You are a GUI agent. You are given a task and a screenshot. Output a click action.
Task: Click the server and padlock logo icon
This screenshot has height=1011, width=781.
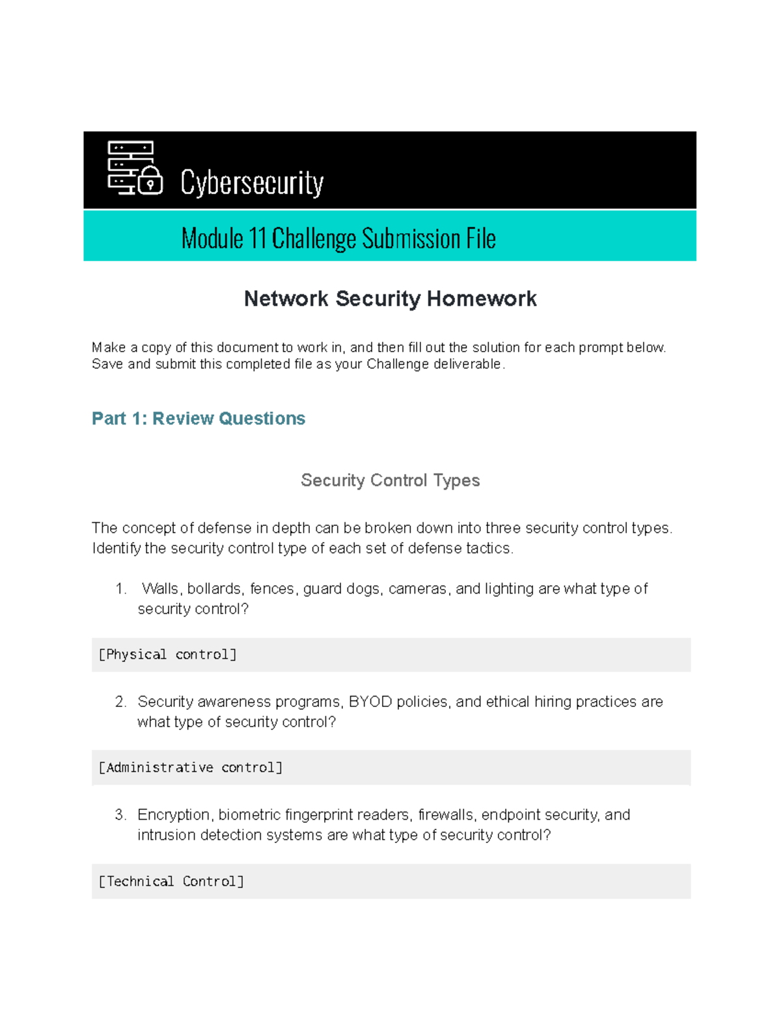point(135,168)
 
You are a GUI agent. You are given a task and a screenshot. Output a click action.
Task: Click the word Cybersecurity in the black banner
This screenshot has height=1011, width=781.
point(252,183)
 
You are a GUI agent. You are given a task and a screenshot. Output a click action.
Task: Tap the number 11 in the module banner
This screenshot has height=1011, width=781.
point(257,239)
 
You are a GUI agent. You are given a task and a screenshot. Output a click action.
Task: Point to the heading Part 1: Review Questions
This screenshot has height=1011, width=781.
point(199,419)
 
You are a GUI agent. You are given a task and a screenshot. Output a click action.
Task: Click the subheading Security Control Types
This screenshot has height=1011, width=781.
point(390,480)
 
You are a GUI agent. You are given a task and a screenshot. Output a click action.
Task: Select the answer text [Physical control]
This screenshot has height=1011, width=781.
point(167,655)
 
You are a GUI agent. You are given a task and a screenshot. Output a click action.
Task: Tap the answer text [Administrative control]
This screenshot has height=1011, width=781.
point(191,768)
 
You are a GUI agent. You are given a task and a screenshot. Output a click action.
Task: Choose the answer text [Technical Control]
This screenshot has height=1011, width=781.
point(171,881)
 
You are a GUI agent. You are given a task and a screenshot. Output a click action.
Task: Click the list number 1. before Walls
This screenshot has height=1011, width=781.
point(120,589)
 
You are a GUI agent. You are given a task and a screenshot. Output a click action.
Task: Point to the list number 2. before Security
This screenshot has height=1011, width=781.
point(120,702)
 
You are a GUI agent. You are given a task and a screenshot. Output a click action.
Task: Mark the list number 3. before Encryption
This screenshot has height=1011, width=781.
point(120,815)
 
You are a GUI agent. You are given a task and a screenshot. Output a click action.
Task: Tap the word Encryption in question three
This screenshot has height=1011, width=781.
point(174,815)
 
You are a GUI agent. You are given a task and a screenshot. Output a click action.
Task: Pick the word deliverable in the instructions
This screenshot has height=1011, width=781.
point(467,364)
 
